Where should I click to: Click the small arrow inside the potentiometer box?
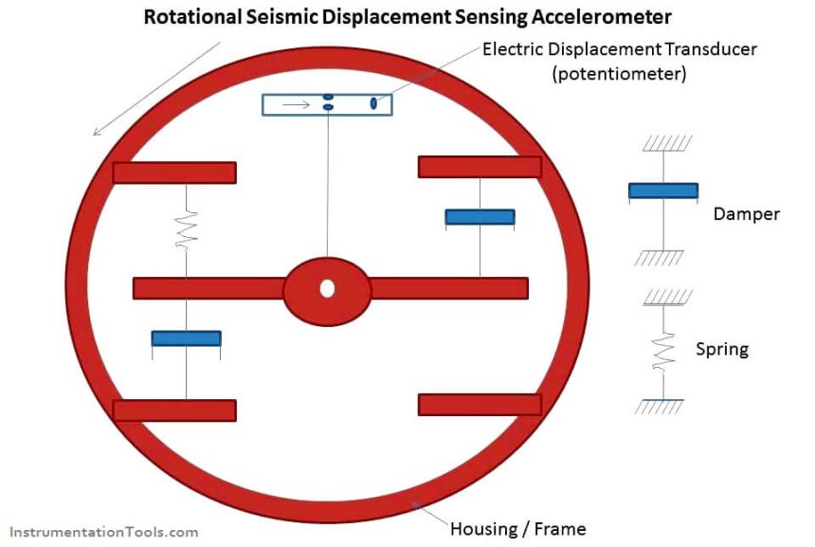(x=297, y=104)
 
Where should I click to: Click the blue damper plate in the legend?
(x=663, y=191)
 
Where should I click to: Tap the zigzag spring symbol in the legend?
(x=663, y=350)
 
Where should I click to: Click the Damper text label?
(x=746, y=214)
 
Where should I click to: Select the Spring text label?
(x=722, y=350)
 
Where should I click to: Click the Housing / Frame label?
(x=517, y=529)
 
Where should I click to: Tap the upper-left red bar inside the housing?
(x=174, y=173)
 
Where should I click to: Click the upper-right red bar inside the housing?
(x=480, y=167)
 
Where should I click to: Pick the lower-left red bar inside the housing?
(x=174, y=410)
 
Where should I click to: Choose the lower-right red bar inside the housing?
(x=480, y=405)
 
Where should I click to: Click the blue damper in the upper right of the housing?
(x=480, y=217)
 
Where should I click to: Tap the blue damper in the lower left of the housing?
(x=186, y=338)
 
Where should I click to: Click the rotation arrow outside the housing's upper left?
(x=156, y=87)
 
